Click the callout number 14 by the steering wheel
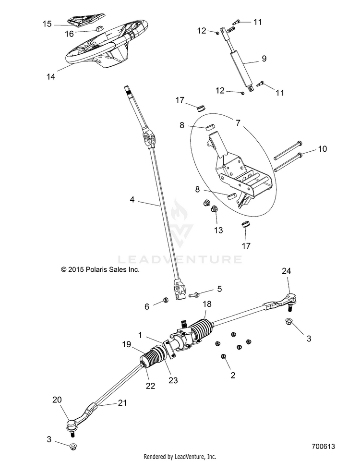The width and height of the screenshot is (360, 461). click(51, 77)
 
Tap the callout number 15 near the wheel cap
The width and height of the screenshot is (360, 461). click(47, 24)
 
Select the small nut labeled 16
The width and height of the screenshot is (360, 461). click(99, 28)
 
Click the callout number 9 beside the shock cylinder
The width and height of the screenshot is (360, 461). click(264, 59)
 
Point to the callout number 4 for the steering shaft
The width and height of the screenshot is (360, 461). click(132, 200)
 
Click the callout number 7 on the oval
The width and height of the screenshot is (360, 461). click(238, 122)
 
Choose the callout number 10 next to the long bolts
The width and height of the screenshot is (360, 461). click(323, 149)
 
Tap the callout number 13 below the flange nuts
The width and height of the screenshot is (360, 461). click(218, 230)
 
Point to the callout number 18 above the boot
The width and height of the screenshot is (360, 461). click(207, 304)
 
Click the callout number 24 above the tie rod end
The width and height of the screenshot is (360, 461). click(286, 271)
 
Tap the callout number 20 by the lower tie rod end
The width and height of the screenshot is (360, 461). click(57, 400)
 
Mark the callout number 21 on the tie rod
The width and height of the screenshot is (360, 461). click(122, 402)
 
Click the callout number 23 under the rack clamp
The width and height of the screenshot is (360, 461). click(173, 380)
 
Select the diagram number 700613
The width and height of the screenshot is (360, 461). click(323, 446)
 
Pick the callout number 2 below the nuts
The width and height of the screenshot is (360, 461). click(233, 375)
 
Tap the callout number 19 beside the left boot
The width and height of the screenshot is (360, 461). click(126, 344)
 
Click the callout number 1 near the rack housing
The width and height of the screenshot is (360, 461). click(140, 335)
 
